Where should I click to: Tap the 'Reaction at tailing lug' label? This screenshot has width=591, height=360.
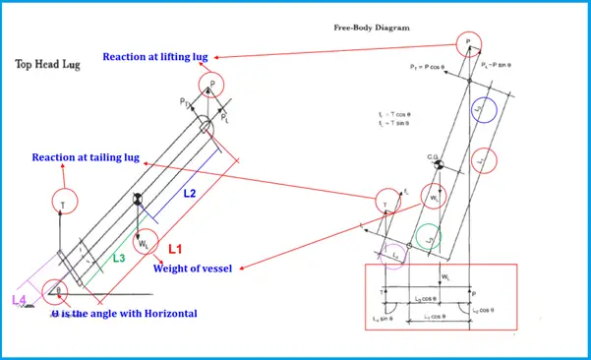85,157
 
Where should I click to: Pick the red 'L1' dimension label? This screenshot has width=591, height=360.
178,250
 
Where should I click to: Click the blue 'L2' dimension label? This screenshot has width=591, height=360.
190,194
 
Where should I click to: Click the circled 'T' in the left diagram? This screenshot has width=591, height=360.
65,202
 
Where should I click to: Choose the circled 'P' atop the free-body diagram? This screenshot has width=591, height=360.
469,43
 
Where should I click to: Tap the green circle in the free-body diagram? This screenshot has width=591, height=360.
429,237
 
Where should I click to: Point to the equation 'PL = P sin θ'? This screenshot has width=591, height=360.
509,68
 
